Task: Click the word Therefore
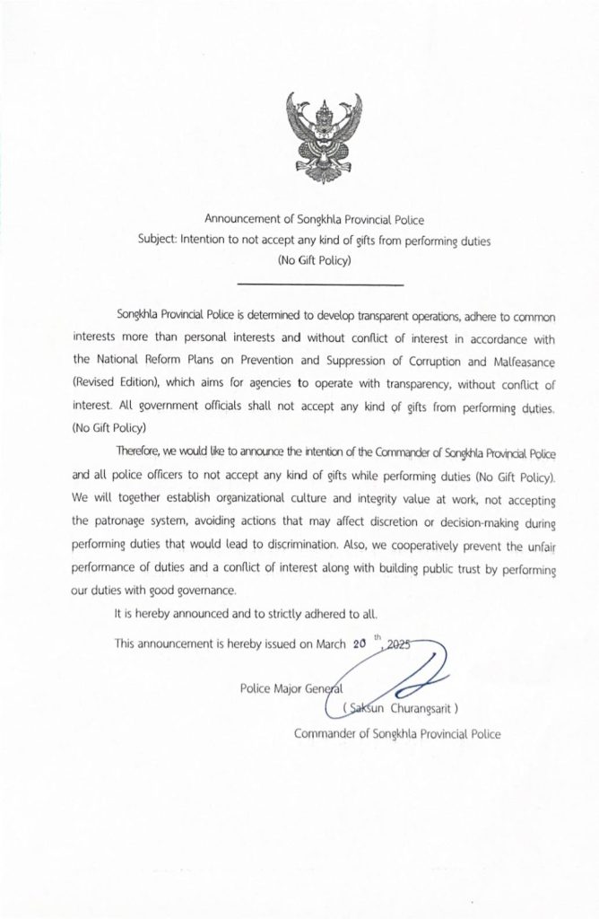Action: point(144,451)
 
